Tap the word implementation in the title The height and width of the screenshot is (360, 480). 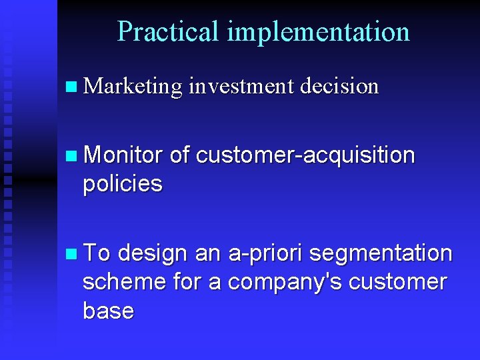click(x=318, y=32)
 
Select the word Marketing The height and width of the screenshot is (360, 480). click(x=133, y=87)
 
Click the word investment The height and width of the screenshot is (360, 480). click(x=241, y=87)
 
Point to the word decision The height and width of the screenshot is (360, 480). click(x=339, y=87)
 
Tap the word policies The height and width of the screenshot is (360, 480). click(x=123, y=184)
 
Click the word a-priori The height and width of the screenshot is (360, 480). click(x=265, y=254)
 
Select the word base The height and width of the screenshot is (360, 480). click(x=108, y=311)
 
